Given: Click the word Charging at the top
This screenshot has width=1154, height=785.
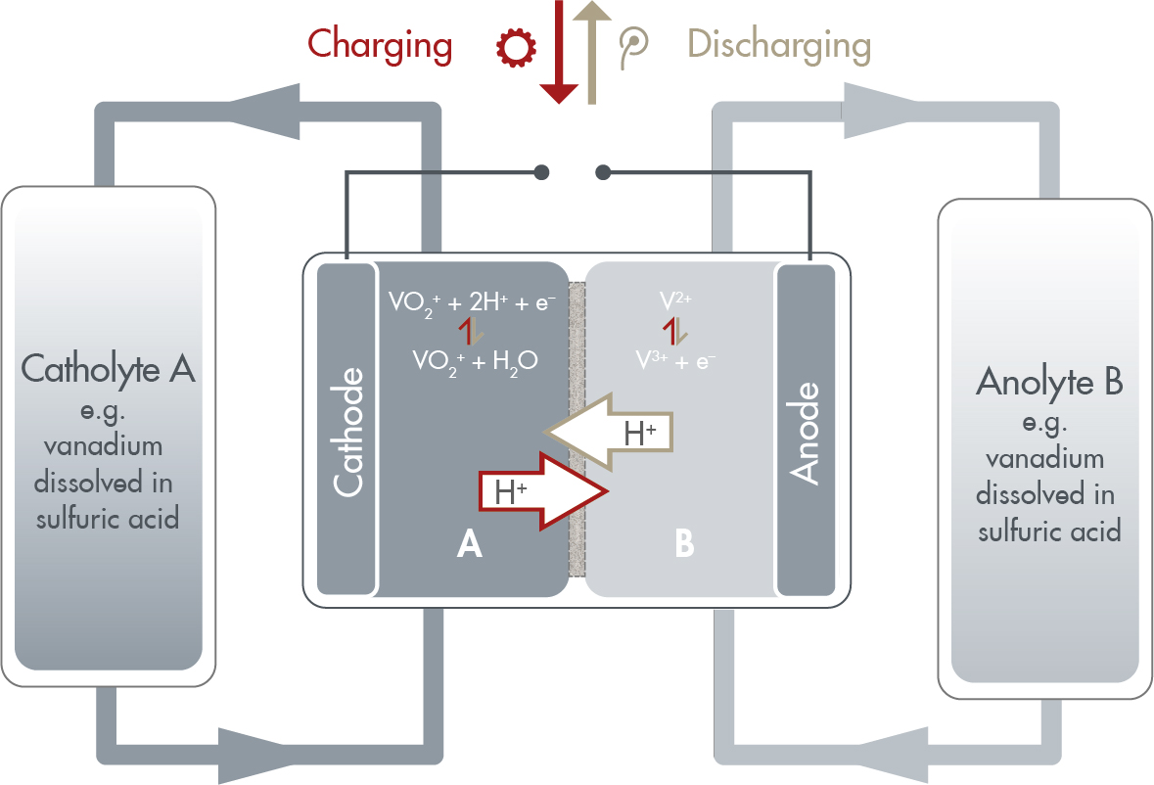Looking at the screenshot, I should (380, 45).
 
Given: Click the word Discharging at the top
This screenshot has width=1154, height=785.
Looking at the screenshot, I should (778, 45).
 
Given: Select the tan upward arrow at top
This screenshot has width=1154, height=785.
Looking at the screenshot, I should (593, 49).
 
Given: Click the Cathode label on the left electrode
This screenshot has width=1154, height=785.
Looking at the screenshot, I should (347, 431).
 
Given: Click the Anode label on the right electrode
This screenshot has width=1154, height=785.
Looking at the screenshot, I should (805, 431).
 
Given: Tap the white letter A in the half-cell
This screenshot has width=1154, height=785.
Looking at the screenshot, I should (470, 544).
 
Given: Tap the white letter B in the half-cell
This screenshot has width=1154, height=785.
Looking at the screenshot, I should (684, 544).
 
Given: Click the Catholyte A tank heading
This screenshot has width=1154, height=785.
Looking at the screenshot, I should (109, 371).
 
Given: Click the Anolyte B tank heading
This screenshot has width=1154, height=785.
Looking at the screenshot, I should (1048, 383).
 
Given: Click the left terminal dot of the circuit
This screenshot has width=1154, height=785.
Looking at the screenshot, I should (541, 173).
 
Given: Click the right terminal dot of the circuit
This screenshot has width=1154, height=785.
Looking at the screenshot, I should (603, 173).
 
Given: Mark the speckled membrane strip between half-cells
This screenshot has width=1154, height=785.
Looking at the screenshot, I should (577, 440).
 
